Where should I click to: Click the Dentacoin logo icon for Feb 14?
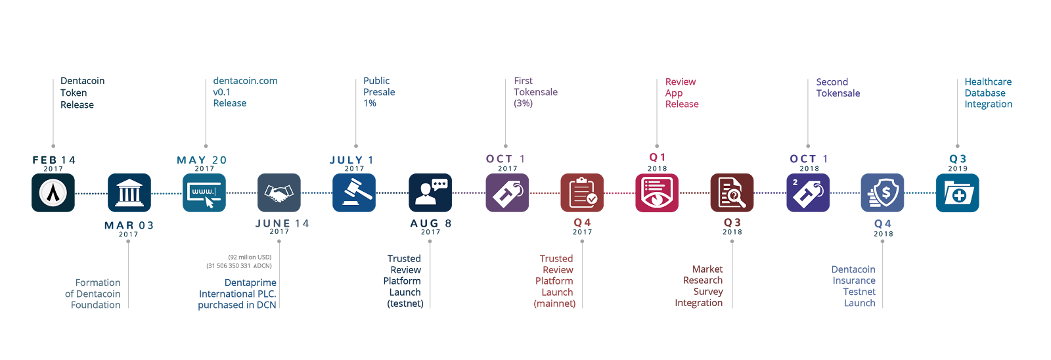(x=53, y=192)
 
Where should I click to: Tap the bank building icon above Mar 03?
(x=129, y=192)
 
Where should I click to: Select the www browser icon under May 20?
(x=204, y=192)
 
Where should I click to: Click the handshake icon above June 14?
(x=279, y=192)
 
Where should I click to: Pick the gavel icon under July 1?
(x=354, y=192)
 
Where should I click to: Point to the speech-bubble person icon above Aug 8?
(x=430, y=192)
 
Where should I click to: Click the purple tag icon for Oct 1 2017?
(x=507, y=192)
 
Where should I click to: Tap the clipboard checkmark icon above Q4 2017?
(x=582, y=192)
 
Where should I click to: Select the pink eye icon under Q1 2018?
(x=657, y=192)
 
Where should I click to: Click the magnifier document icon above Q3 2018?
(x=732, y=192)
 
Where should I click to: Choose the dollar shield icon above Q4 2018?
(x=883, y=192)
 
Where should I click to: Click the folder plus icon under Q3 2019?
(x=957, y=192)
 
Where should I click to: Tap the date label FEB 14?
(x=54, y=160)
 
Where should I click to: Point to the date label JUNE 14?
(x=282, y=224)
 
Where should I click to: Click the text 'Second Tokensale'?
(x=838, y=87)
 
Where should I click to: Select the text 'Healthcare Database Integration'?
(x=988, y=93)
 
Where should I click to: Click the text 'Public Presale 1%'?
(x=379, y=92)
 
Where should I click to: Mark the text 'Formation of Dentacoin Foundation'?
(x=93, y=294)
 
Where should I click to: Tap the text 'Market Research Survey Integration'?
(x=700, y=286)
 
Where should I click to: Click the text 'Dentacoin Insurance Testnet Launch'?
(x=854, y=286)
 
